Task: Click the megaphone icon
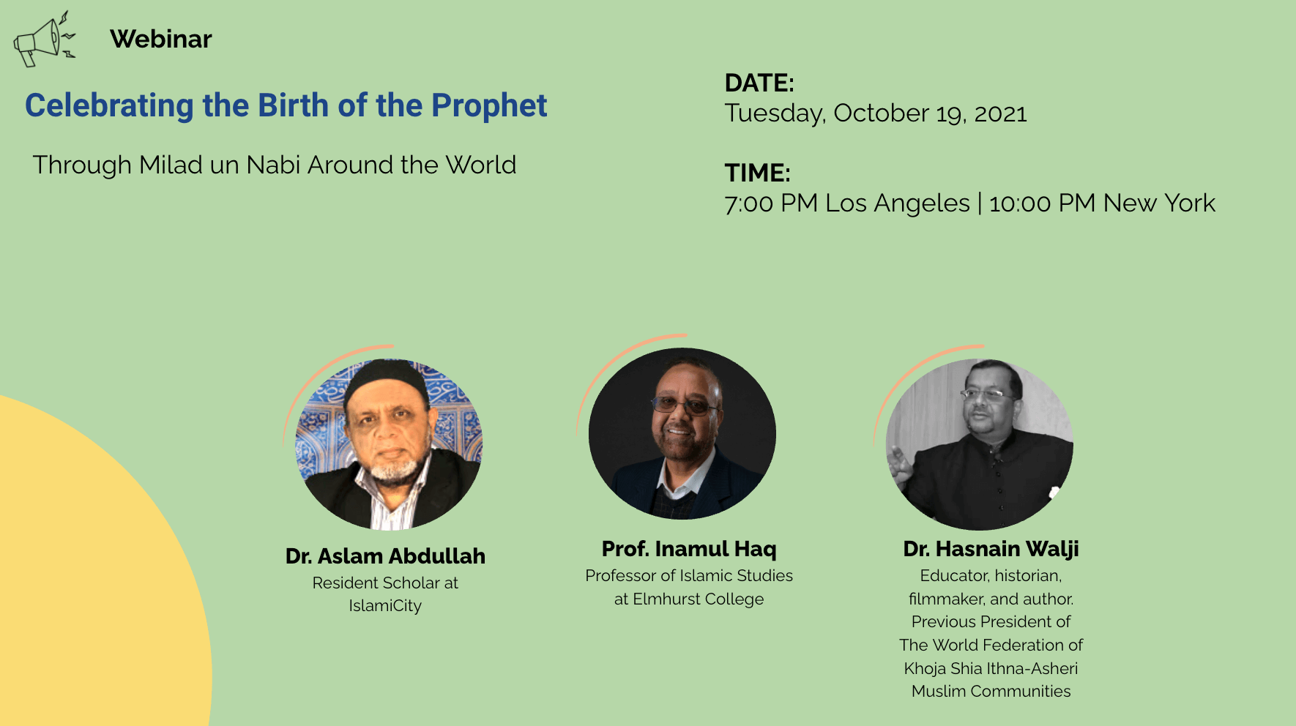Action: pyautogui.click(x=44, y=40)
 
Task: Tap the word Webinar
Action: pyautogui.click(x=161, y=39)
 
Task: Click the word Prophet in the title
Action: pyautogui.click(x=489, y=106)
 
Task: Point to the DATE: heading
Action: pyautogui.click(x=759, y=83)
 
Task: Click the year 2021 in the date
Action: pyautogui.click(x=1000, y=114)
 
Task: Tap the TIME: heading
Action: pyautogui.click(x=758, y=173)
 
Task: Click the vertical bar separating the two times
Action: pyautogui.click(x=980, y=203)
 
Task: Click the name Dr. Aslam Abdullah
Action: pyautogui.click(x=385, y=556)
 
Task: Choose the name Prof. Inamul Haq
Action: pyautogui.click(x=689, y=549)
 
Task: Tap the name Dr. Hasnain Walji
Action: pyautogui.click(x=991, y=549)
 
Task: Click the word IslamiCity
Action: pyautogui.click(x=385, y=606)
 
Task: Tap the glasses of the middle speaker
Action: pyautogui.click(x=683, y=405)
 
